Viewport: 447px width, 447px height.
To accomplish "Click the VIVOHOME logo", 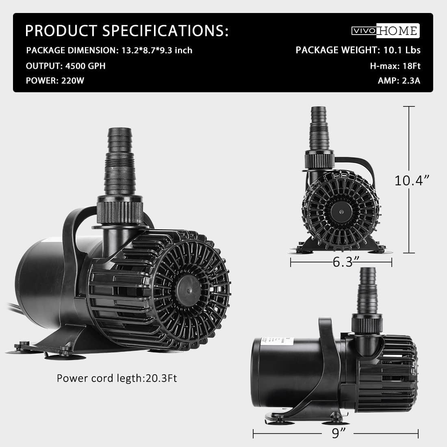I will (x=385, y=31).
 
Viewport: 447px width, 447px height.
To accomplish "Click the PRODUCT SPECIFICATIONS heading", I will (x=127, y=31).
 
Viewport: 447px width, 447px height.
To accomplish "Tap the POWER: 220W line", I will (x=55, y=80).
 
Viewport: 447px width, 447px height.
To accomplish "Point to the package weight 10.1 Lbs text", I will (x=358, y=50).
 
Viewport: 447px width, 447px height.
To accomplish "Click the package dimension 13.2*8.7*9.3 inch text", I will (x=109, y=50).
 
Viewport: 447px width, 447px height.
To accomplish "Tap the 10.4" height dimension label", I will (x=412, y=180).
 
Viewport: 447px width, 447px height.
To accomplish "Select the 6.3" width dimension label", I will (x=341, y=263).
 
